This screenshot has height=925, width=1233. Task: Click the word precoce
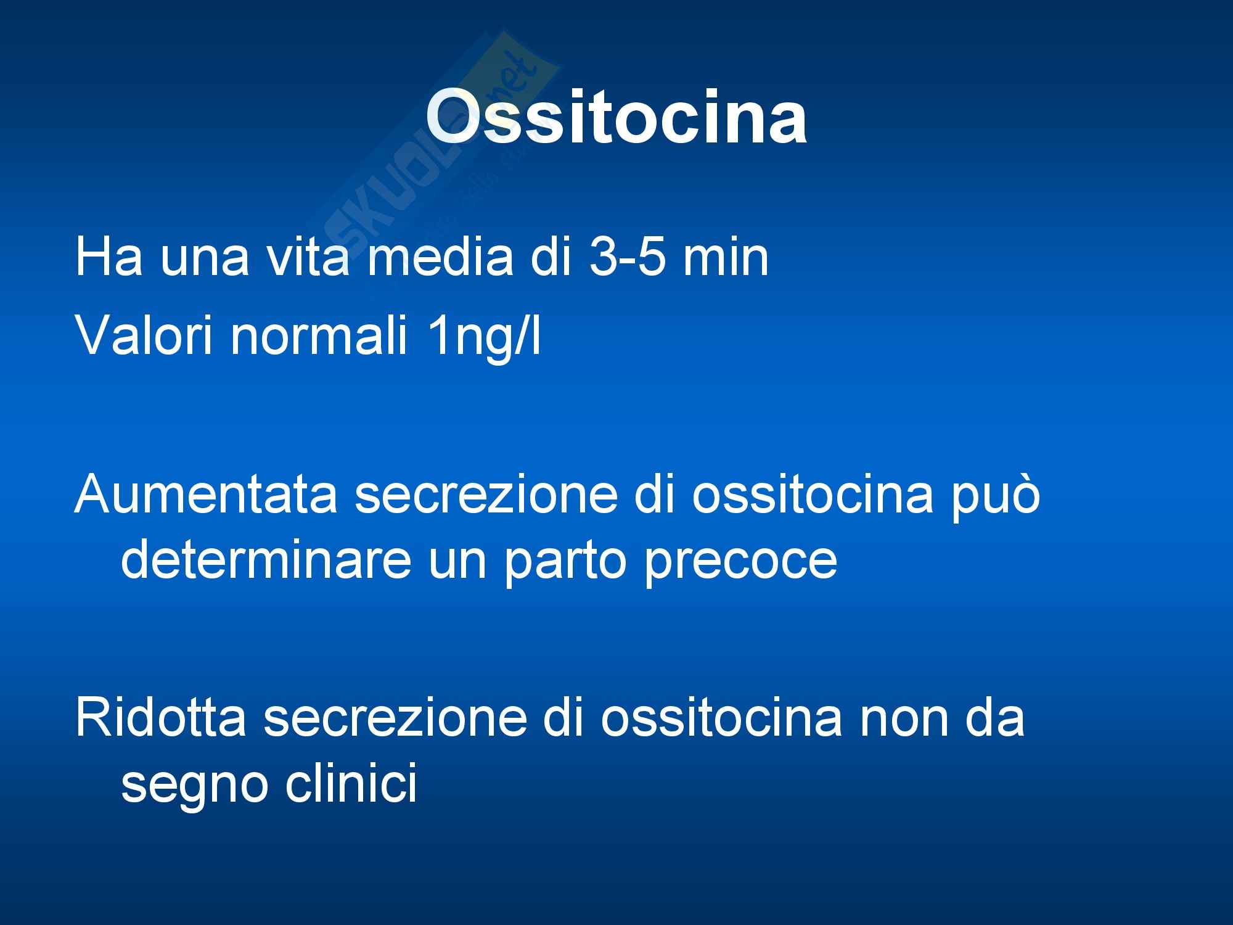click(x=740, y=562)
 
